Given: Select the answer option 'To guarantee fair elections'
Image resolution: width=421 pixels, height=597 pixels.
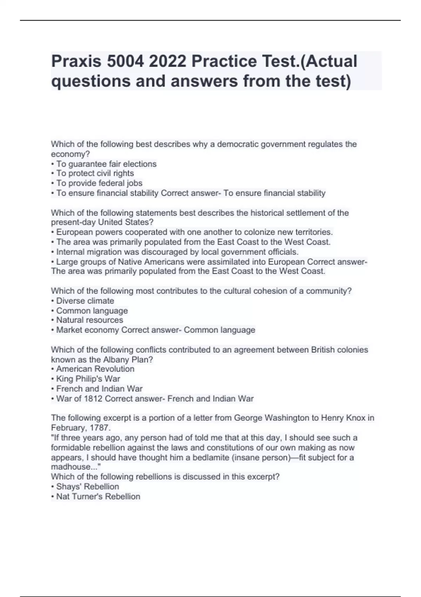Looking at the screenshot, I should [x=106, y=164].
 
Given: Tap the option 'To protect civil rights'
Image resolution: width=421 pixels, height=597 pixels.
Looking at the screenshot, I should [x=95, y=173].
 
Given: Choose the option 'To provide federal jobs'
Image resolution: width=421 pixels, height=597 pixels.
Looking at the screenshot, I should [x=99, y=183].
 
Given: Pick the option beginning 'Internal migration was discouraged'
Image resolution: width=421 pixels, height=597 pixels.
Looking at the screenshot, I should [x=177, y=252].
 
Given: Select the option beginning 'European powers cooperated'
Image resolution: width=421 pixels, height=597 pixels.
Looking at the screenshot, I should [x=194, y=232].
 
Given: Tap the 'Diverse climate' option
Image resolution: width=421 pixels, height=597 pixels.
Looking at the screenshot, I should [x=85, y=301].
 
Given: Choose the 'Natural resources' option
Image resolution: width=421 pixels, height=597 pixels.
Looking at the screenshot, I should [x=89, y=320].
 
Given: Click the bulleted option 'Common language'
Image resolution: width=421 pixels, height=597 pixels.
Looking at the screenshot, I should [x=92, y=311].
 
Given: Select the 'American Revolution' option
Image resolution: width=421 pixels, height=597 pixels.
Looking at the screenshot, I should [x=95, y=369].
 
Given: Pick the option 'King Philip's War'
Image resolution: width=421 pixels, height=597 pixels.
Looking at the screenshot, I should [x=88, y=379].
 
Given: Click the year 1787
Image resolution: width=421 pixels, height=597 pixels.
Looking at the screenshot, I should [x=100, y=428].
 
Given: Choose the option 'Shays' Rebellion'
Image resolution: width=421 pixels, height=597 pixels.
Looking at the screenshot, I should [x=88, y=487].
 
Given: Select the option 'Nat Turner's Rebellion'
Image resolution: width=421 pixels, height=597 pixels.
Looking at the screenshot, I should [x=98, y=497].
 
